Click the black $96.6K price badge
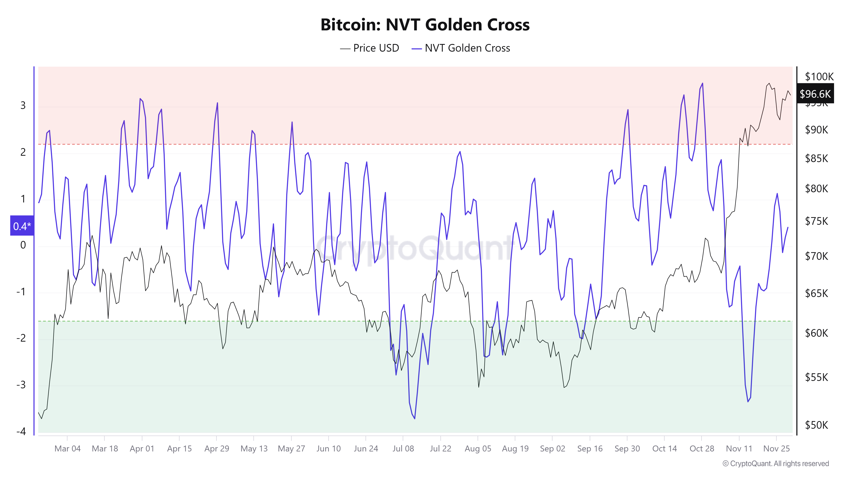(815, 94)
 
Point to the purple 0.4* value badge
(22, 226)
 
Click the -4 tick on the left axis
(21, 431)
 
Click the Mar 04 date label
(67, 449)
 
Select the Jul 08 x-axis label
(403, 449)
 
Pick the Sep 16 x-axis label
(590, 449)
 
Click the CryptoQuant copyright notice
(775, 464)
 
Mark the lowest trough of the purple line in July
(414, 419)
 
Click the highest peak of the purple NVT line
(702, 83)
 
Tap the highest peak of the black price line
(769, 83)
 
